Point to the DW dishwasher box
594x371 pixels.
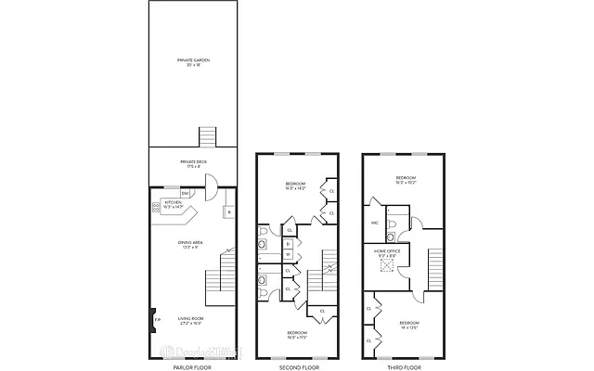pyautogui.click(x=186, y=193)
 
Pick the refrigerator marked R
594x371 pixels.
pyautogui.click(x=227, y=212)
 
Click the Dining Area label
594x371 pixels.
pyautogui.click(x=191, y=244)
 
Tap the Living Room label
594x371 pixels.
pyautogui.click(x=191, y=320)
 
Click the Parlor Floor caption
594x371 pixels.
pyautogui.click(x=192, y=366)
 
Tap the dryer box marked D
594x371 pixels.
pyautogui.click(x=288, y=244)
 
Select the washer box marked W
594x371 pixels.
pyautogui.click(x=288, y=255)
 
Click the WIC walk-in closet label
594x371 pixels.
pyautogui.click(x=376, y=223)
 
